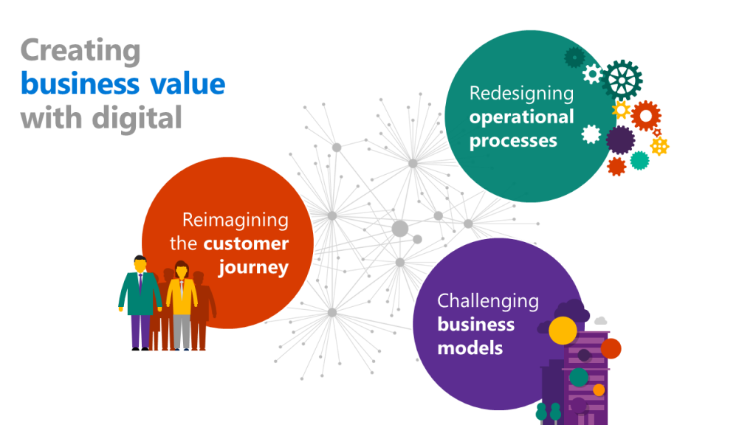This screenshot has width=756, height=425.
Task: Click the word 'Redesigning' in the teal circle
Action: [521, 94]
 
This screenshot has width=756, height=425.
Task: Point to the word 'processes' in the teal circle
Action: [513, 141]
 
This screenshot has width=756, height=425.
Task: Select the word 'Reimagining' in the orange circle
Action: [236, 220]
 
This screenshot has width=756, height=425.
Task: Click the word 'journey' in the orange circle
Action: [253, 267]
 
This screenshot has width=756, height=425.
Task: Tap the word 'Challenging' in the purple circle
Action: [488, 300]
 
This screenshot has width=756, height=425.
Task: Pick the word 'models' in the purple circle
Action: [470, 348]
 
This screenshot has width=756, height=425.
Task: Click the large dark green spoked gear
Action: [621, 80]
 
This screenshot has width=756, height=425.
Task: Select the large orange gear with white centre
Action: [646, 116]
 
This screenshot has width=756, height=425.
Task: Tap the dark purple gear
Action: [620, 139]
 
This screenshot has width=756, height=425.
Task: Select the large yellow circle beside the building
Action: [563, 331]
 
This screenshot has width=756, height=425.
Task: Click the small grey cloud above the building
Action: [600, 321]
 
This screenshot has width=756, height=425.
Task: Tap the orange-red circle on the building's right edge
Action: [611, 348]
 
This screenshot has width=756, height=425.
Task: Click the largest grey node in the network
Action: [399, 228]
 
